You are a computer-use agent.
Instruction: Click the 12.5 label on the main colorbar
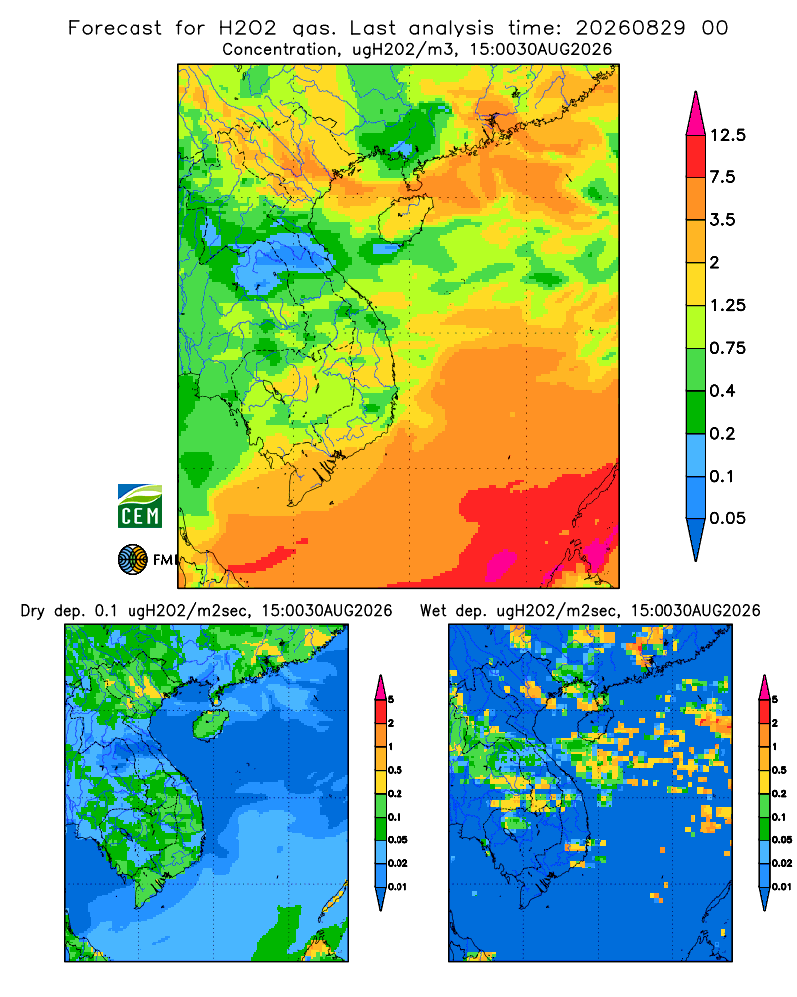point(727,135)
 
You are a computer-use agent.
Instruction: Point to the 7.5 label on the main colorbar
point(722,177)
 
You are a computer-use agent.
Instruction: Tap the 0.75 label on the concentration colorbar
point(727,348)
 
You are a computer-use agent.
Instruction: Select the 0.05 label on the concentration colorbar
point(727,518)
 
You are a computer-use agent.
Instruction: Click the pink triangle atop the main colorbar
point(696,115)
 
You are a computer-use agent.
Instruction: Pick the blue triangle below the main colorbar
point(696,538)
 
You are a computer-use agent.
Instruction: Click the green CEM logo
point(139,506)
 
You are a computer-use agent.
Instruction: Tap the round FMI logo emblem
point(133,559)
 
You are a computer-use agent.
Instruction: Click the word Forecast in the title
point(115,28)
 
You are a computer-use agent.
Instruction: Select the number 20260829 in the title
point(631,28)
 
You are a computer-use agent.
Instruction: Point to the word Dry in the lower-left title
point(33,611)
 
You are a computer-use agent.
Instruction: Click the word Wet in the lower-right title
point(434,611)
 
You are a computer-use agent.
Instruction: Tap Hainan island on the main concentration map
point(404,219)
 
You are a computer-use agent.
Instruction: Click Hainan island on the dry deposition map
point(210,725)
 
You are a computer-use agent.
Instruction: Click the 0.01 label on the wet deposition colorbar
point(782,887)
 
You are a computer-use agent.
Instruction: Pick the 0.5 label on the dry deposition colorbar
point(395,770)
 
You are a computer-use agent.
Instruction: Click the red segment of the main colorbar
point(696,157)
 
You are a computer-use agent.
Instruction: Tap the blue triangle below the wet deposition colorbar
point(764,899)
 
